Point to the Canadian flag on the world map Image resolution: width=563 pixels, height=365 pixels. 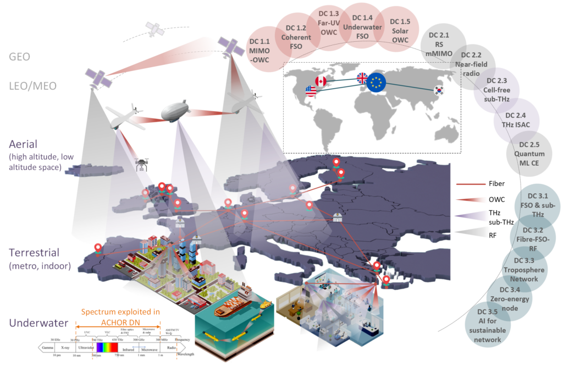[x=321, y=82]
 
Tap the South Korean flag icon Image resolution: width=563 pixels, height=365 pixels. [x=439, y=90]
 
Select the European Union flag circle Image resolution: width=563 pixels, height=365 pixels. [x=376, y=83]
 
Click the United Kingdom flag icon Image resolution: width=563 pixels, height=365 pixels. [x=363, y=78]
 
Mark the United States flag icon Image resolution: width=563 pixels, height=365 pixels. [x=311, y=91]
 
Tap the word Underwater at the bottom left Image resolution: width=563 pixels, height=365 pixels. [x=38, y=323]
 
